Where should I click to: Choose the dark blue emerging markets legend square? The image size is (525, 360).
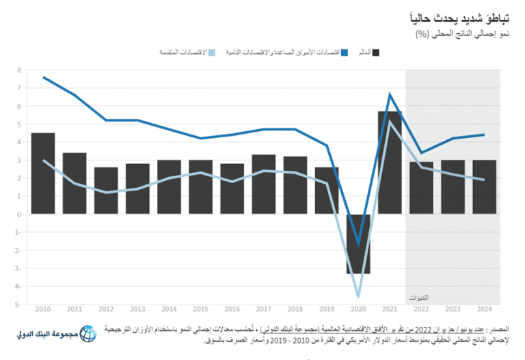coord(344,52)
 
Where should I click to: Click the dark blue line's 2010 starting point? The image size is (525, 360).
coord(43,77)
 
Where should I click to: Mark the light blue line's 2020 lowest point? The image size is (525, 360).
coord(358,296)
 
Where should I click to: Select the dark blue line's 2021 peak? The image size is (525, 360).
coord(390,94)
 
